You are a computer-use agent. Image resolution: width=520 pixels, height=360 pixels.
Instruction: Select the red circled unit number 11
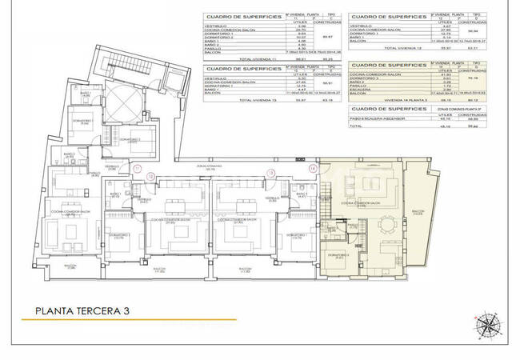pos(138,170)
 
